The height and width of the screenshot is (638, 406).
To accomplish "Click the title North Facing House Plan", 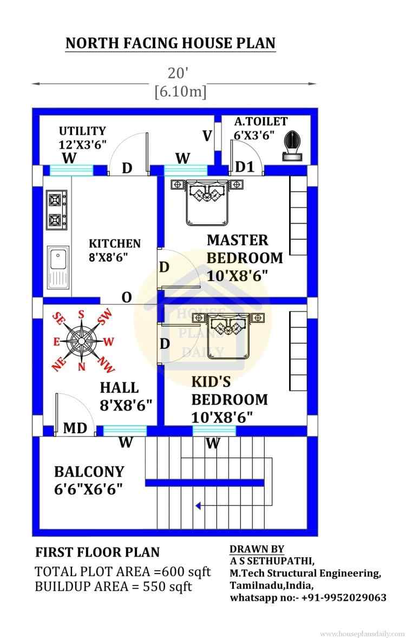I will point(170,43).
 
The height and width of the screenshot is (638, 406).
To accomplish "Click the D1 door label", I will point(245,167).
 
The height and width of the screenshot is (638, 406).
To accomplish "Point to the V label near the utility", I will point(207,136).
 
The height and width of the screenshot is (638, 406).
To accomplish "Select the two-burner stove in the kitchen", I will point(55,209).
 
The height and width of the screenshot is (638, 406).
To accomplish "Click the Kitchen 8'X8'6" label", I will point(114,250).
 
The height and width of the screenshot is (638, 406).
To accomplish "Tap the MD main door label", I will point(75,428).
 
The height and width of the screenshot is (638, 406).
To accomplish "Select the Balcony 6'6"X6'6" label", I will point(89,480).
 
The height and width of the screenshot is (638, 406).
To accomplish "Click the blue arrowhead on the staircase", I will point(199,506).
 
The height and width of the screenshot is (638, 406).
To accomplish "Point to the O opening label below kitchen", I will point(127,297).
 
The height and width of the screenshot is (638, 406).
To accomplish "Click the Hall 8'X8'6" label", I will point(125,396).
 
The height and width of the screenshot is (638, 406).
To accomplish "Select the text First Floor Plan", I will point(97,552).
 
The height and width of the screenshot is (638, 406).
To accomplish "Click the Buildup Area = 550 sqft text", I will point(113,587).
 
